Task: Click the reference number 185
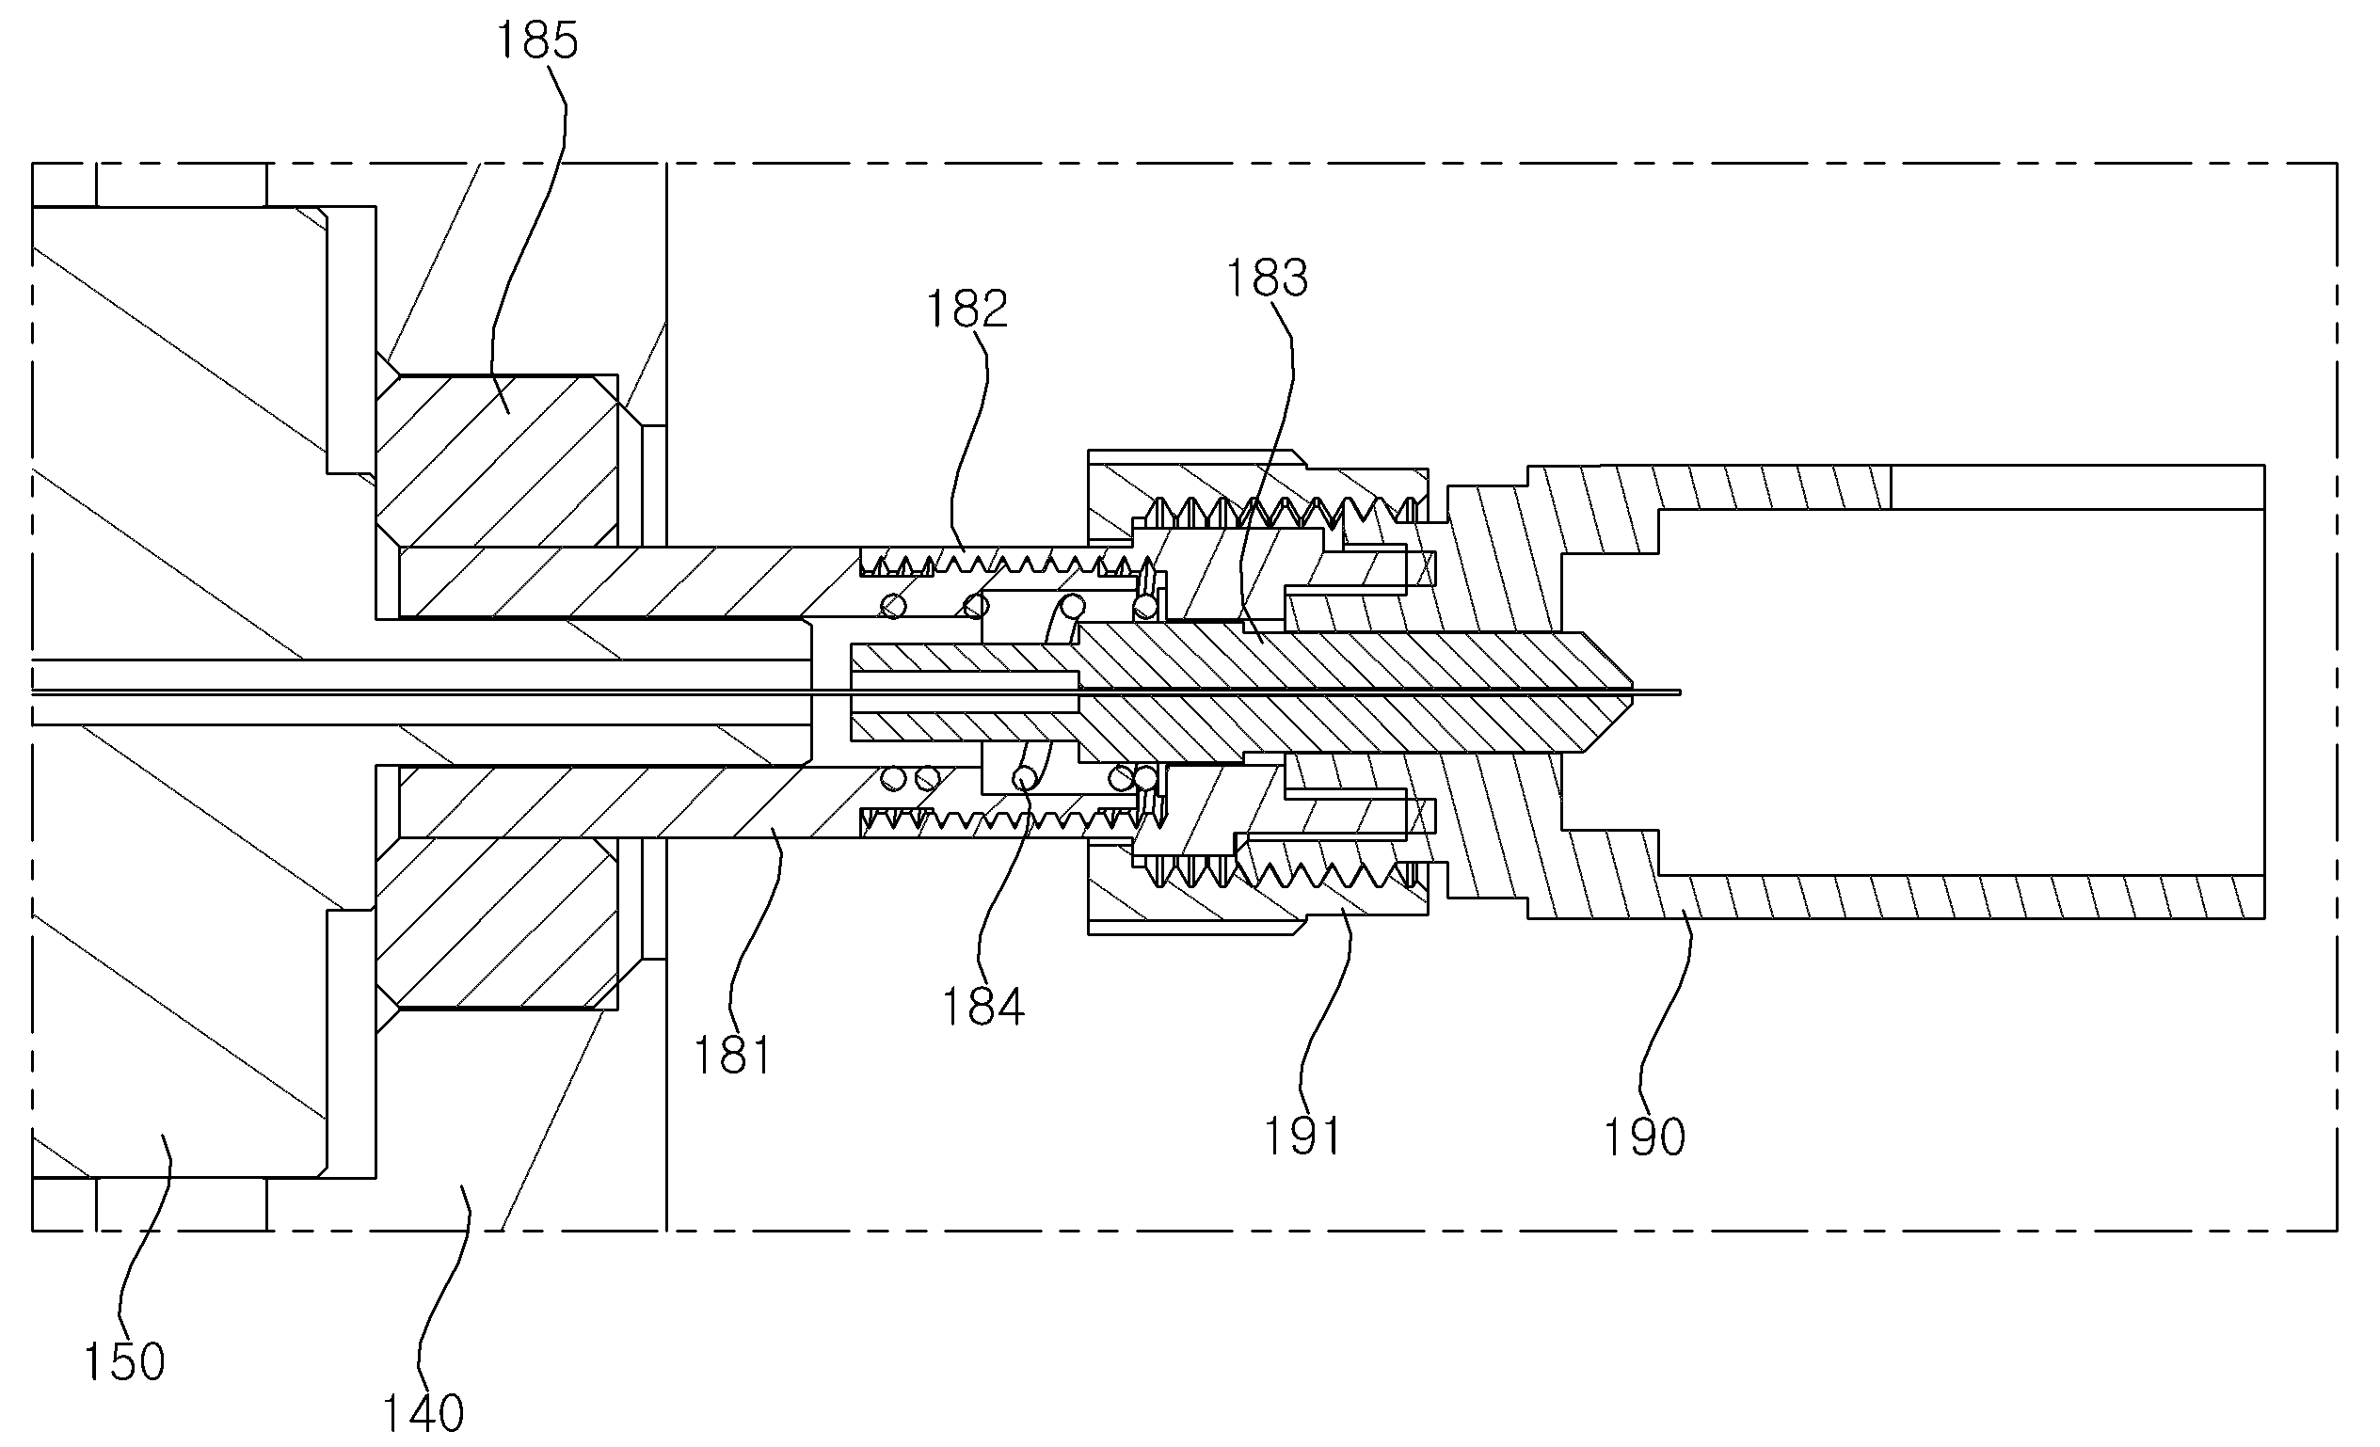tap(536, 41)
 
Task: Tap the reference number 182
tap(966, 310)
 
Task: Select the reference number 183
tap(1267, 278)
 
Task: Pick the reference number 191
tap(1302, 1136)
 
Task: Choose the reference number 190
tap(1644, 1137)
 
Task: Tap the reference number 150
tap(124, 1362)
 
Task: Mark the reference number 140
tap(423, 1414)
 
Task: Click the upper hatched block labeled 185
tap(498, 461)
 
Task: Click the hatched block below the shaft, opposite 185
tap(498, 924)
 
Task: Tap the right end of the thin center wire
tap(1680, 692)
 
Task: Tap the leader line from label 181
tap(754, 928)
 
